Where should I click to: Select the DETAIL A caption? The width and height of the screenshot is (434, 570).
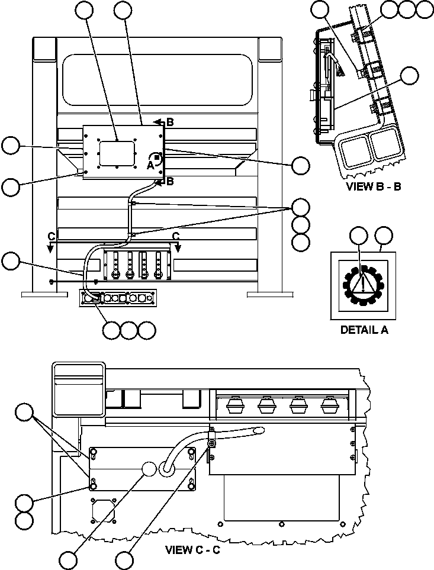(x=364, y=330)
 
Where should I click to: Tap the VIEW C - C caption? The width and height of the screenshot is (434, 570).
(x=192, y=549)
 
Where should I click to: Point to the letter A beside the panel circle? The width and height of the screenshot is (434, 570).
(x=150, y=166)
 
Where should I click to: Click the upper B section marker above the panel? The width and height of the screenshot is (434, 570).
(x=169, y=122)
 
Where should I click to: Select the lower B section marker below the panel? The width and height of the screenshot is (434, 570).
(x=170, y=181)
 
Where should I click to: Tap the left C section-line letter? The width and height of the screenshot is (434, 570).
(x=52, y=236)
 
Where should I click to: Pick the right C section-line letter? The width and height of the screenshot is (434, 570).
(x=176, y=236)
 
